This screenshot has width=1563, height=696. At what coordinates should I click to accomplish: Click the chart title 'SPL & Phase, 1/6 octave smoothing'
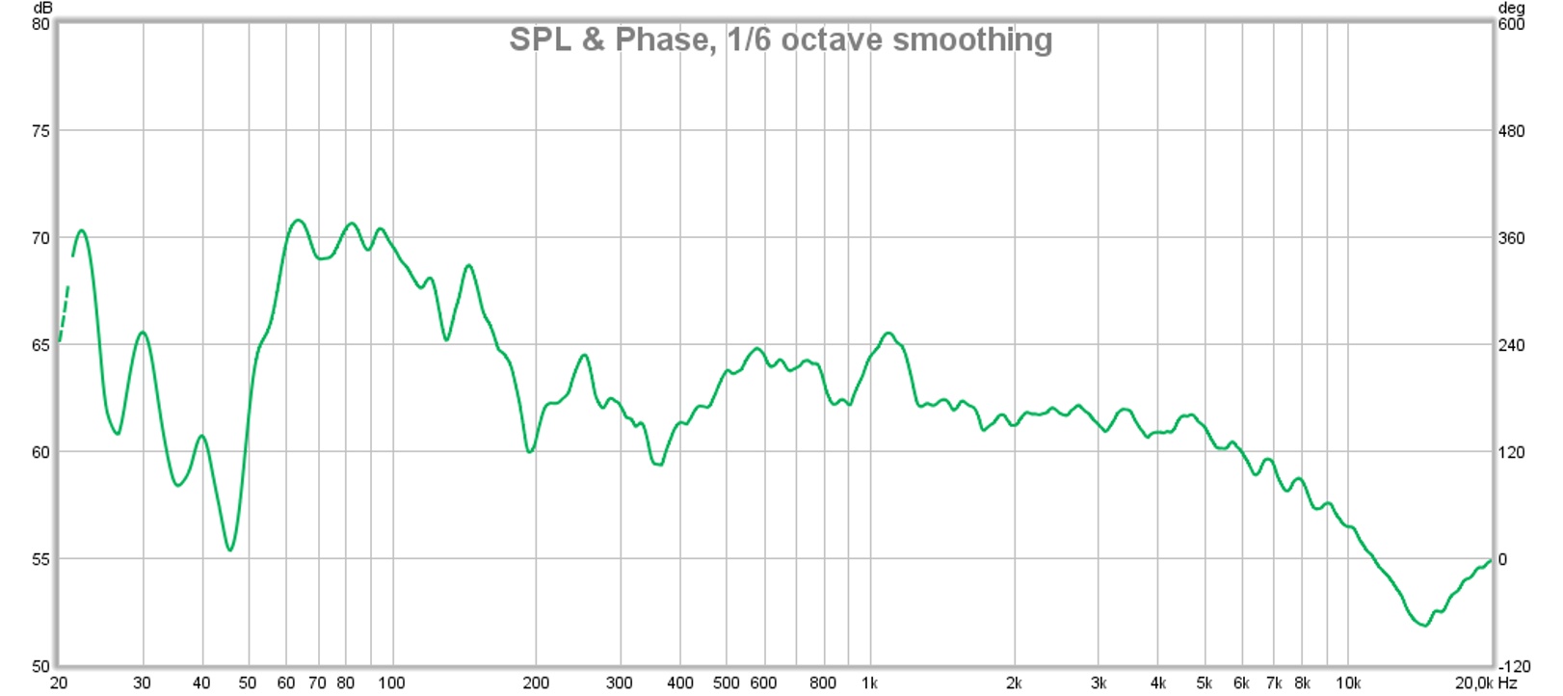point(781,40)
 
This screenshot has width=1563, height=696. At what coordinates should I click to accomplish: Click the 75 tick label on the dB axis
point(40,131)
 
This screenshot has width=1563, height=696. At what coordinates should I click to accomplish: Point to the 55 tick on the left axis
point(40,559)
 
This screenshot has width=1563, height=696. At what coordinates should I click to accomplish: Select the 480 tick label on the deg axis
point(1512,131)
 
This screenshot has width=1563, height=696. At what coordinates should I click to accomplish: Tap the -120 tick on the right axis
point(1514,666)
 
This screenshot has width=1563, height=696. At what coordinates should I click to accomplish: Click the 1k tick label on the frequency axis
point(869,683)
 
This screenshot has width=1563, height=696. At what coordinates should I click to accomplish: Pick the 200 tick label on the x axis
point(535,683)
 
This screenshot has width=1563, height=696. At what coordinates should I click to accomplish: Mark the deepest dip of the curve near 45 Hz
point(230,549)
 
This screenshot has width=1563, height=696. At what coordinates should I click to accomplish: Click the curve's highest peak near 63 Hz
point(298,221)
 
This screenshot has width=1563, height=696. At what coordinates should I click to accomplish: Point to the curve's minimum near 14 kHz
point(1424,625)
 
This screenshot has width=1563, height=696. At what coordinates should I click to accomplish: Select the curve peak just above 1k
point(888,334)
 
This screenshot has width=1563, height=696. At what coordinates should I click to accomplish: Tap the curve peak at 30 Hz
point(143,333)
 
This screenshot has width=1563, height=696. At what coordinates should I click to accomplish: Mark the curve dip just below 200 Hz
point(530,451)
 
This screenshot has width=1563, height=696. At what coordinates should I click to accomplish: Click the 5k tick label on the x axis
point(1204,683)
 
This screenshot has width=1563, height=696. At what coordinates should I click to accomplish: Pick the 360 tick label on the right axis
point(1512,238)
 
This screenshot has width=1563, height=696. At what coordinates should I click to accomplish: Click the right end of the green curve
point(1491,560)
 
